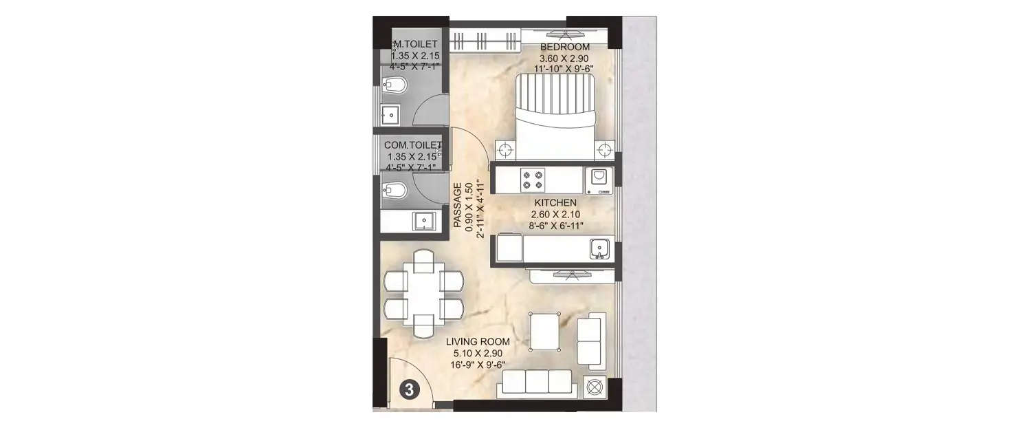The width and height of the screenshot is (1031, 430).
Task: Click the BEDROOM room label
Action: [x=564, y=47]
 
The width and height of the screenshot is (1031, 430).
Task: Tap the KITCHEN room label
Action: [x=555, y=203]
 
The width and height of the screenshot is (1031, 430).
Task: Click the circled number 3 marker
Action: [x=408, y=390]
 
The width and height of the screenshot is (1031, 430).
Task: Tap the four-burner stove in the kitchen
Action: [x=532, y=179]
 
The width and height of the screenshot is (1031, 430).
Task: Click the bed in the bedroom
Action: [x=553, y=114]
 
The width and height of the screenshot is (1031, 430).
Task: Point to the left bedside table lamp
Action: [x=506, y=149]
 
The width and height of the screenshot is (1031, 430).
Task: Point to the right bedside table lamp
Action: [x=604, y=149]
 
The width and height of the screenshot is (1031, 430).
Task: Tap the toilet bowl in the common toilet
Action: [x=398, y=190]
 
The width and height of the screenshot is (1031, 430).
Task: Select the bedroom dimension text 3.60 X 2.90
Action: [x=564, y=58]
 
